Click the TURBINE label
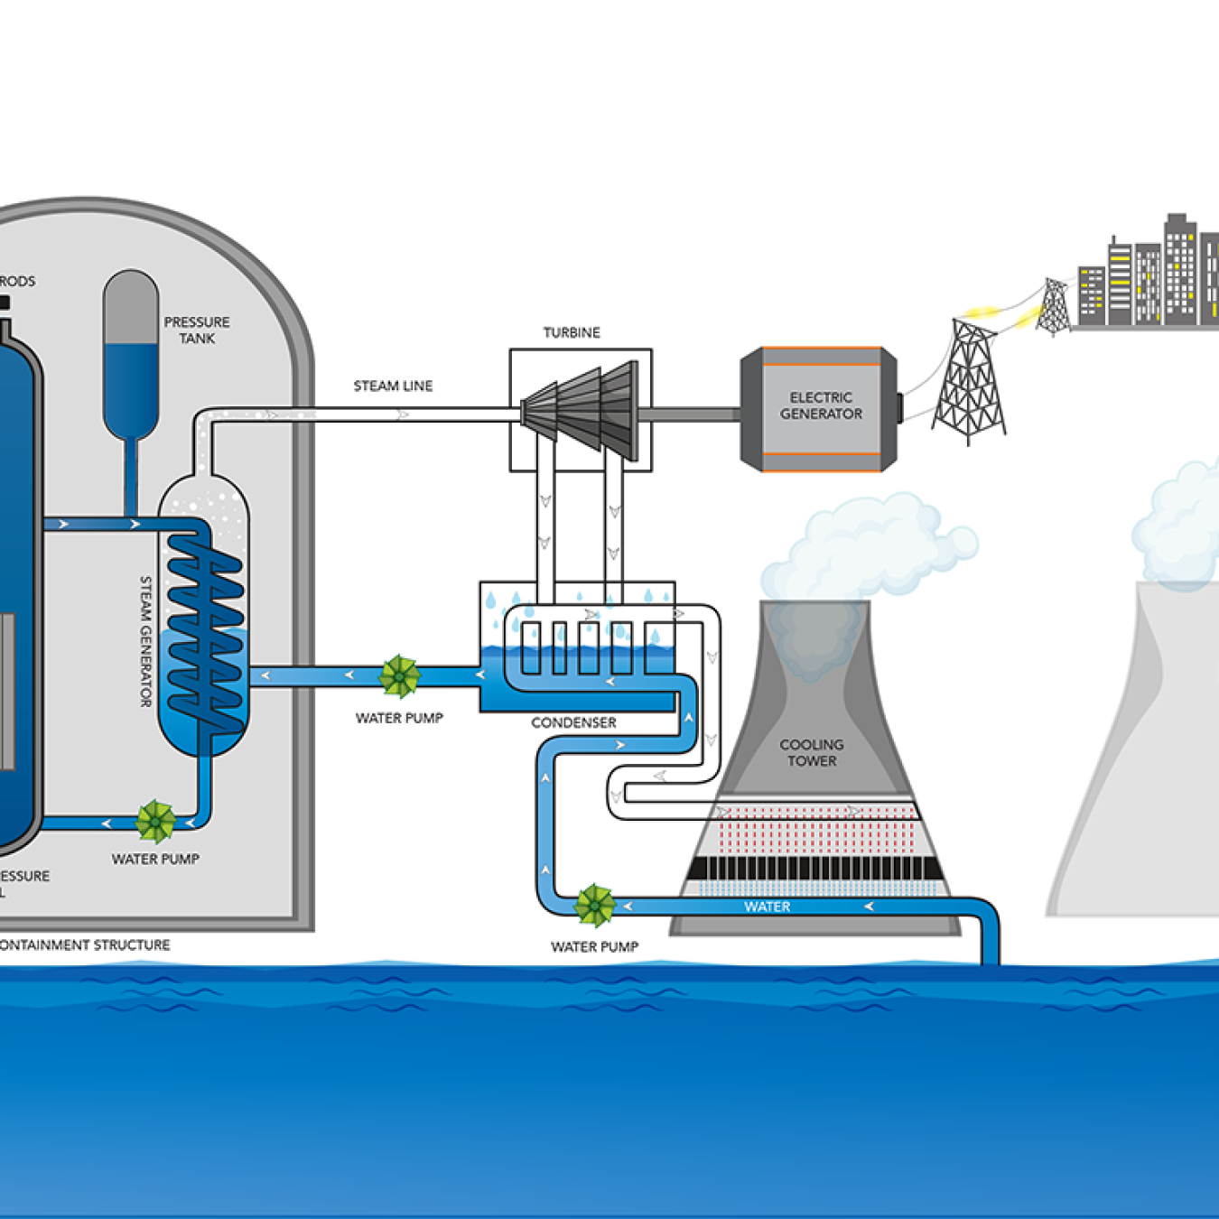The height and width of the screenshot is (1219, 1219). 572,332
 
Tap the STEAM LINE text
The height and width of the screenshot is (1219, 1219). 393,386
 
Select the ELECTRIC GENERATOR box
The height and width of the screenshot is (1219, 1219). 820,408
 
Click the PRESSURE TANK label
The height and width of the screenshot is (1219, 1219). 197,330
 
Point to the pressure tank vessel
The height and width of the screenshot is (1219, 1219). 131,352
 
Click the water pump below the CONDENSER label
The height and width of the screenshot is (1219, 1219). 595,906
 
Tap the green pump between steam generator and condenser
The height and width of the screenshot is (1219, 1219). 399,676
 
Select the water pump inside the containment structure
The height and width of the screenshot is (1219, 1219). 156,822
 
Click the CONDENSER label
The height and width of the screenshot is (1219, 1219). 573,722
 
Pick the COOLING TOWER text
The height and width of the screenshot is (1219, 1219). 812,752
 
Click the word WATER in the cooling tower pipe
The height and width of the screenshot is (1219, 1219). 768,907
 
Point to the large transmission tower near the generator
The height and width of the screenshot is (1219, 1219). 969,384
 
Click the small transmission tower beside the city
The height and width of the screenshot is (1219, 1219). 1053,307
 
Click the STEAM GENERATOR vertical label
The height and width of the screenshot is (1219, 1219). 145,641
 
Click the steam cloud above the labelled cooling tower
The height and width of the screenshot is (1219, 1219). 867,546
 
